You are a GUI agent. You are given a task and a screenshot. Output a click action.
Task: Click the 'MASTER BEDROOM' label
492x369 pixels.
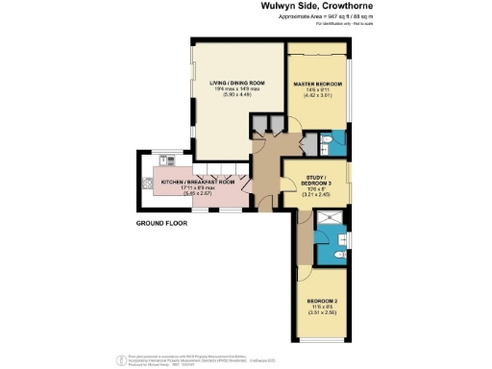[x=317, y=86]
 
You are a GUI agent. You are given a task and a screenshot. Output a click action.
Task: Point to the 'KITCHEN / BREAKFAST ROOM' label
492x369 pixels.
[x=198, y=181]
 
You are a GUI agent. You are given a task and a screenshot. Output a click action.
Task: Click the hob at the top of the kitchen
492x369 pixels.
[x=168, y=160]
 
